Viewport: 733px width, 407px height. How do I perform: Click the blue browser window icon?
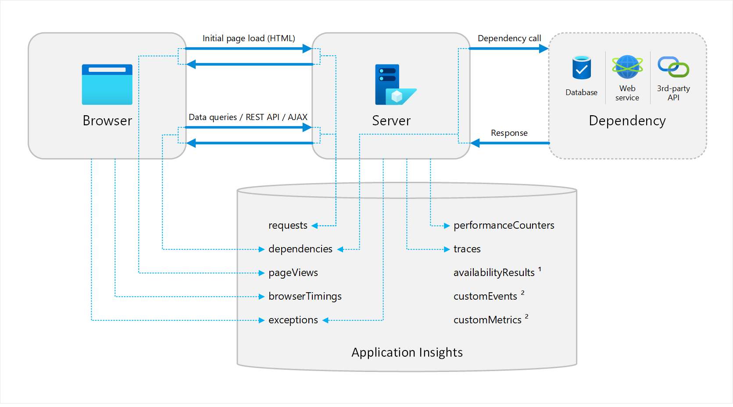pyautogui.click(x=107, y=85)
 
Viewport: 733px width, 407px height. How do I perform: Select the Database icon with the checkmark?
pyautogui.click(x=581, y=67)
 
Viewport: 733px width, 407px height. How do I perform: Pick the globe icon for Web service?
pyautogui.click(x=627, y=67)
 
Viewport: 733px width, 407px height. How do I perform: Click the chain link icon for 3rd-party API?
pyautogui.click(x=673, y=67)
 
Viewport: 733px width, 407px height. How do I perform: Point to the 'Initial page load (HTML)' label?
pyautogui.click(x=249, y=39)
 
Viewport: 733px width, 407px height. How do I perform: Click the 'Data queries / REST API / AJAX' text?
pyautogui.click(x=248, y=117)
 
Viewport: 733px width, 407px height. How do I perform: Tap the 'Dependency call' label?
pyautogui.click(x=509, y=39)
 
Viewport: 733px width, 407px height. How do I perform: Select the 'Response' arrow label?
pyautogui.click(x=509, y=133)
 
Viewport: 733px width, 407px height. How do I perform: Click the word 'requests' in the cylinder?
pyautogui.click(x=288, y=226)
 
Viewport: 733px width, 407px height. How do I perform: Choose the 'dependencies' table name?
pyautogui.click(x=300, y=249)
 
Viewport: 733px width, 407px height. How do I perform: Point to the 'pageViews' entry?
pyautogui.click(x=293, y=273)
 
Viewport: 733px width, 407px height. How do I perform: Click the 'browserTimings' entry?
pyautogui.click(x=305, y=297)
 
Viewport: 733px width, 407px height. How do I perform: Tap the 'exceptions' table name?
pyautogui.click(x=293, y=320)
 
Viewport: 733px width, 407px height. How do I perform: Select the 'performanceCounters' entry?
pyautogui.click(x=504, y=226)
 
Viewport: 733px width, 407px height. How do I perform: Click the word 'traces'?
pyautogui.click(x=467, y=249)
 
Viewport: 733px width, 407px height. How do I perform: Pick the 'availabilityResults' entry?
pyautogui.click(x=494, y=273)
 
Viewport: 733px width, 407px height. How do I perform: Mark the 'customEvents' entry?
pyautogui.click(x=485, y=297)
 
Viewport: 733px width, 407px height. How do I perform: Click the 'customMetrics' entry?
pyautogui.click(x=487, y=320)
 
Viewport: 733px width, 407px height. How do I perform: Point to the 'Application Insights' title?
pyautogui.click(x=407, y=353)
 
